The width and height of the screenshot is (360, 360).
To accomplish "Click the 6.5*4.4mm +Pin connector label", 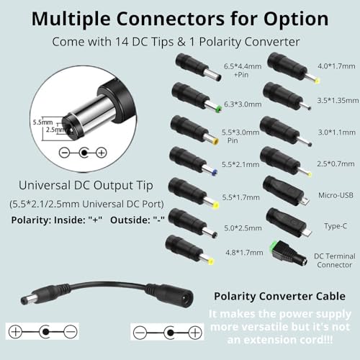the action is click(243, 71).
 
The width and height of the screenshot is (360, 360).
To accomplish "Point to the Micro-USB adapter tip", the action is click(286, 192).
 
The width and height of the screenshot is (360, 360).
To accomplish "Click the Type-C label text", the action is click(336, 226).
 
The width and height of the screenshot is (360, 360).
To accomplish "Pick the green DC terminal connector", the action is click(289, 253).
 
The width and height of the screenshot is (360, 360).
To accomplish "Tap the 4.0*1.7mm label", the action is click(336, 66).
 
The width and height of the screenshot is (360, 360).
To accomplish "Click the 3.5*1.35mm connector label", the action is click(338, 100).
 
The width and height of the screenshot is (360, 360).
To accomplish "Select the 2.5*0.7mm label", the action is click(336, 163).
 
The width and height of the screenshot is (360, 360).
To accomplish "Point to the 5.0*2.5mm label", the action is click(243, 228).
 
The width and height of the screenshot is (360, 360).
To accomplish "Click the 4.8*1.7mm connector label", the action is click(244, 252).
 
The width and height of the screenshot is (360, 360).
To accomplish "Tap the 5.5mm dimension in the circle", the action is click(42, 122).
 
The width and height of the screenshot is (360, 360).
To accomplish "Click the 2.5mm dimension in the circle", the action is click(55, 130).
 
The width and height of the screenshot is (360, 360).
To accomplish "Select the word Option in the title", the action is click(296, 19).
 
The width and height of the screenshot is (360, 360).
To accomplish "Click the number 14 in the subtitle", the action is click(122, 42).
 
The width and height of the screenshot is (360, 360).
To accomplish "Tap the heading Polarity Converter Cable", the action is click(279, 296).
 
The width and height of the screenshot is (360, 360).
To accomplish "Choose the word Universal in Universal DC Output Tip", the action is click(45, 185).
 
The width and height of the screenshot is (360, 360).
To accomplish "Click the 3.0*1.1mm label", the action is click(336, 132).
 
